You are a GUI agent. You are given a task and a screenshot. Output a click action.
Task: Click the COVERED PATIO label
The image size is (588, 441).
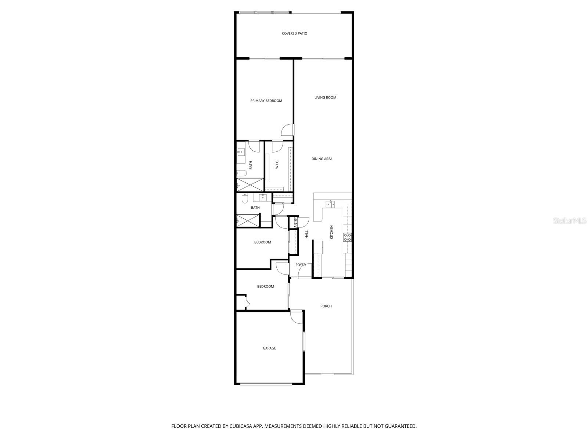point(294,33)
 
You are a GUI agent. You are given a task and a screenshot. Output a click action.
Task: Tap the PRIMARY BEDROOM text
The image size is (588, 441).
point(266,101)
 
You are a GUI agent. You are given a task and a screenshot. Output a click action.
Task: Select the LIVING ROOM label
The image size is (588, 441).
point(325,97)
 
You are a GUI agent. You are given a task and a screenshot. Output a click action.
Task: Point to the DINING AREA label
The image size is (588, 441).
point(322,159)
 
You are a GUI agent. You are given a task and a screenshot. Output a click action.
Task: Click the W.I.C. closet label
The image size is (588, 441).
point(277,164)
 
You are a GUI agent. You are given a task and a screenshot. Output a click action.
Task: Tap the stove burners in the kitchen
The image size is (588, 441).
point(347,237)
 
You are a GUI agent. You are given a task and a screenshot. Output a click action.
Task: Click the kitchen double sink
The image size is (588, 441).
point(330,205)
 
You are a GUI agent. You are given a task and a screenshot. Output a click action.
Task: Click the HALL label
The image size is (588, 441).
point(306,234)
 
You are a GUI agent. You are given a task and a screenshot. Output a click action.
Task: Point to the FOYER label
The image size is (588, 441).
point(301,265)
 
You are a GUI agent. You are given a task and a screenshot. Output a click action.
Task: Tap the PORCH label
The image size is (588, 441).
point(326,306)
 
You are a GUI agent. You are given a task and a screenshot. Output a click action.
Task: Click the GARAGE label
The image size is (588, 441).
point(269,348)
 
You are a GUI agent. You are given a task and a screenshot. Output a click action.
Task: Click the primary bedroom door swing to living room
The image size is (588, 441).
point(288,130)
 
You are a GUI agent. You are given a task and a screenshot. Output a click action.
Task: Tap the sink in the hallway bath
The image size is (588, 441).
point(263,198)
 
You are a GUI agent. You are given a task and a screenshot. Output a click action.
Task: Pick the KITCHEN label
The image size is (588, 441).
point(331,232)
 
